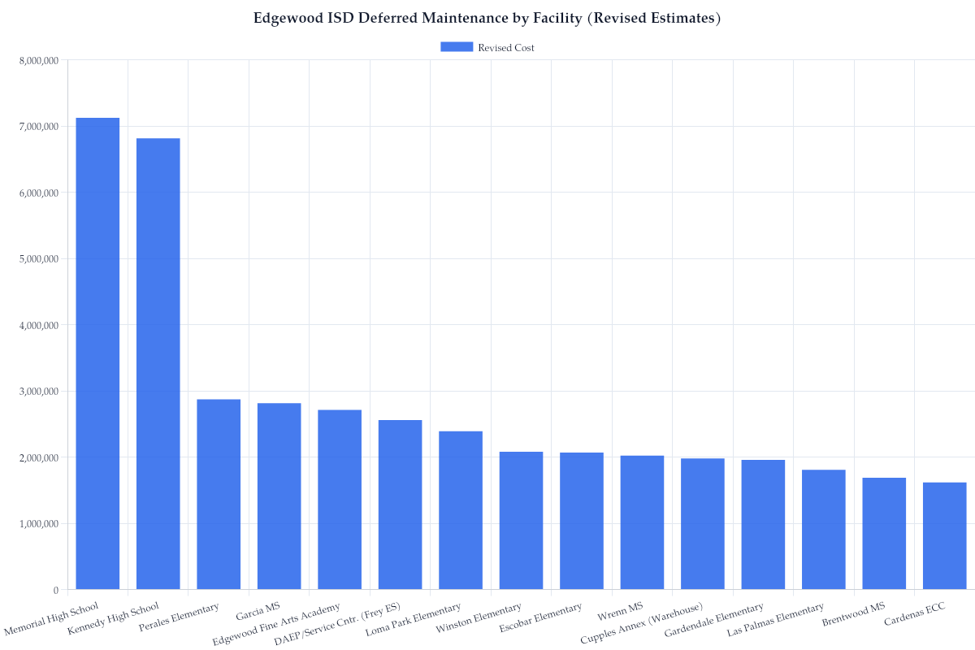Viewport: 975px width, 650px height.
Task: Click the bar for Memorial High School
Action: [x=97, y=353]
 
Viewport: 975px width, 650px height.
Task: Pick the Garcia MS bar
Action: [x=279, y=496]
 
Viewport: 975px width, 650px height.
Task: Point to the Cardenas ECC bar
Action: [x=944, y=536]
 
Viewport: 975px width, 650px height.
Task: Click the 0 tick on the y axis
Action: [x=55, y=590]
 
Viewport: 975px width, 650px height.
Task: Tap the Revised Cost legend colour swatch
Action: [x=456, y=47]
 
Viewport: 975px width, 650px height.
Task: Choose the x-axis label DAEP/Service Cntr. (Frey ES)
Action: [x=337, y=624]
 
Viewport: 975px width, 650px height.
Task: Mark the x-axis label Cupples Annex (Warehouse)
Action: [x=642, y=623]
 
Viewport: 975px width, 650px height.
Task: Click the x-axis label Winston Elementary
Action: [x=479, y=618]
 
